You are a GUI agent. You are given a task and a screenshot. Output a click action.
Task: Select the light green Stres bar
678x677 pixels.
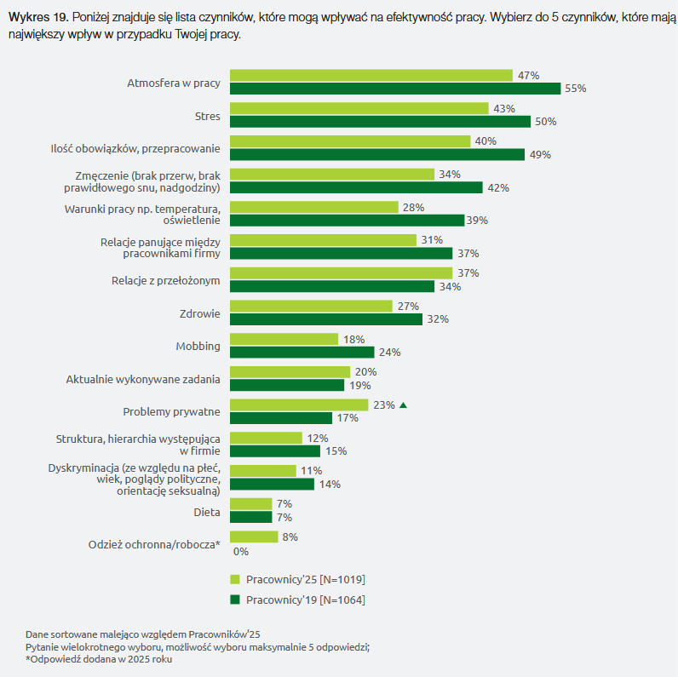359,108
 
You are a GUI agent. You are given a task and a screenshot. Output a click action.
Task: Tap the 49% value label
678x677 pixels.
540,155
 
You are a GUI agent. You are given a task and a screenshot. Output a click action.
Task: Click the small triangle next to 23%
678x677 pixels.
403,405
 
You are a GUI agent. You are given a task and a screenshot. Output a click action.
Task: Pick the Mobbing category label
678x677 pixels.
198,347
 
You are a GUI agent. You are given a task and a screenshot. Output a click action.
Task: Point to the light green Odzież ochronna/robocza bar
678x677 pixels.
254,536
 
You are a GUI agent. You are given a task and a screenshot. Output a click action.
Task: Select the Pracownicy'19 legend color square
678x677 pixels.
235,600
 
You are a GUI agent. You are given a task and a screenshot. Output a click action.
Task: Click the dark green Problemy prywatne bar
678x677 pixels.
281,418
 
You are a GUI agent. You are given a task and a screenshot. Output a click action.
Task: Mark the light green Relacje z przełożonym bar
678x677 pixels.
341,273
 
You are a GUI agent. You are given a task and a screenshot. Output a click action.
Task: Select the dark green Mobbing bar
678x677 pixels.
302,352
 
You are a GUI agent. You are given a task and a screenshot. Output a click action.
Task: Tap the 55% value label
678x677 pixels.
576,89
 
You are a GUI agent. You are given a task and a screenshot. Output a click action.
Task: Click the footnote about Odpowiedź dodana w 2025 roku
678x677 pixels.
99,660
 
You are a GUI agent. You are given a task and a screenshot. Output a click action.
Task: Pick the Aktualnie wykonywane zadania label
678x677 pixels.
143,379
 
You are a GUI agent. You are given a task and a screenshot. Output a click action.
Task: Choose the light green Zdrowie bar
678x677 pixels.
311,306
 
